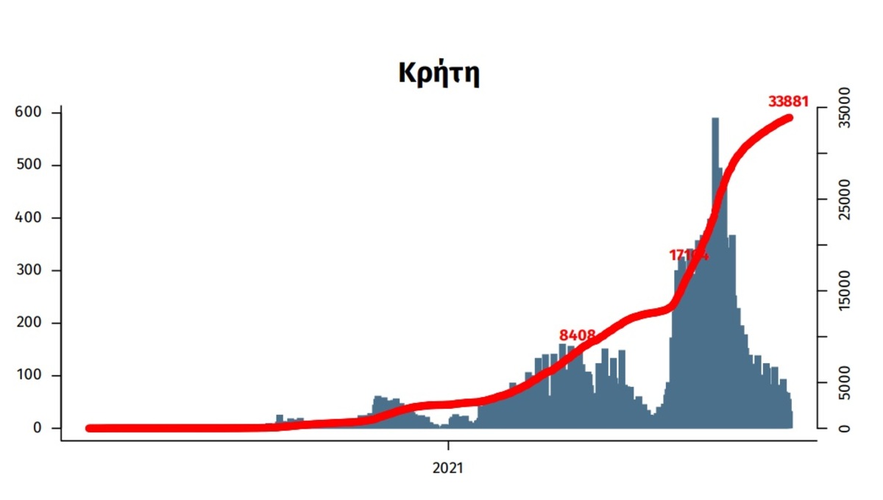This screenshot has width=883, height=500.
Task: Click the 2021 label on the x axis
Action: point(448,468)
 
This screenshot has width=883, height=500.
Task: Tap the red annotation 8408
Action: point(577,336)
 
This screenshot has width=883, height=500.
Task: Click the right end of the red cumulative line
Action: point(789,118)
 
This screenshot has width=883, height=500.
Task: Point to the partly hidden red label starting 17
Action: point(688,255)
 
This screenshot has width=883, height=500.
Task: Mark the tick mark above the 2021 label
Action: point(448,446)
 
